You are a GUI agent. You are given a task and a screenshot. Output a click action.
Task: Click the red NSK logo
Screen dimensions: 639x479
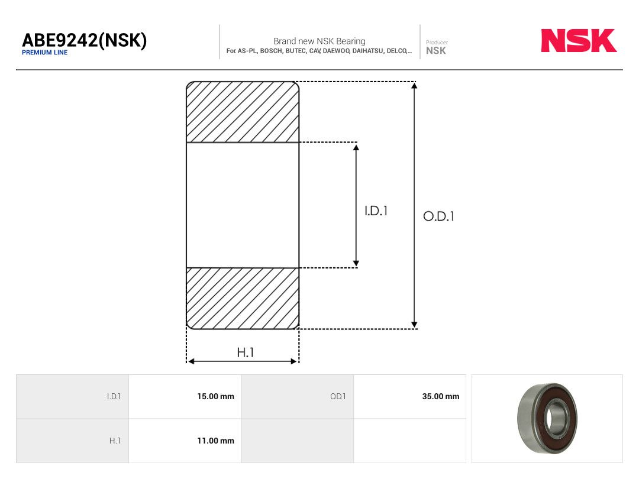tap(579, 40)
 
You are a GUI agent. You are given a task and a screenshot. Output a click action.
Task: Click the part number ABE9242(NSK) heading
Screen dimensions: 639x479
tap(85, 40)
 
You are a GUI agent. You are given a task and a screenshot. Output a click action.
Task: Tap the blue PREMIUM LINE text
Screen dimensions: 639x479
tap(45, 53)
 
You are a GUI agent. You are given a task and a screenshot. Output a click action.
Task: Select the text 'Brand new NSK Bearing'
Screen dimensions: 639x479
tap(319, 41)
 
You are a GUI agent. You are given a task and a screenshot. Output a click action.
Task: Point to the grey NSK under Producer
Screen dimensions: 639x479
tap(435, 50)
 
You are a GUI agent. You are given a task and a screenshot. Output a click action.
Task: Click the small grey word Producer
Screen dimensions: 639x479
tap(437, 42)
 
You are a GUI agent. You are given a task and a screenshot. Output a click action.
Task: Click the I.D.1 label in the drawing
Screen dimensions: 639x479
tap(376, 211)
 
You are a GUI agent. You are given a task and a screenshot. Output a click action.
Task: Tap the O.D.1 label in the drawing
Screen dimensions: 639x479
tap(438, 216)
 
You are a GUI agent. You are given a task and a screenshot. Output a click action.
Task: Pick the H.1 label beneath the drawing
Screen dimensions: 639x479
tap(246, 352)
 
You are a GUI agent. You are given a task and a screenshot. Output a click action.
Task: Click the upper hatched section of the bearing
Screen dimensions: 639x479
tap(243, 112)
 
